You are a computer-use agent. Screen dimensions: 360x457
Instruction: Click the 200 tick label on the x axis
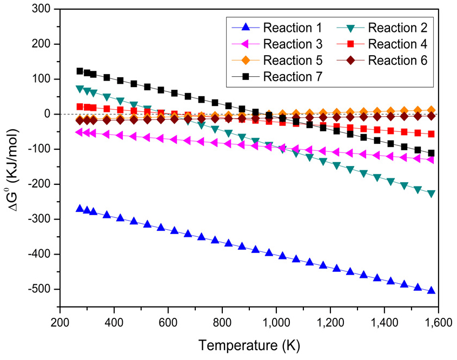tap(59, 324)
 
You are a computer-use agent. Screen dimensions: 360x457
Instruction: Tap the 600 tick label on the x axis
tap(168, 324)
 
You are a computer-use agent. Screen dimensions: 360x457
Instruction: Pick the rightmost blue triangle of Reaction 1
tap(431, 290)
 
